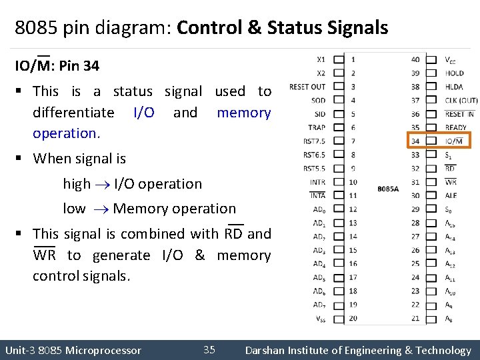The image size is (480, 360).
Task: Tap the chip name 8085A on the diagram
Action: coord(388,189)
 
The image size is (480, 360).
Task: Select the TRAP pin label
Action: coord(317,127)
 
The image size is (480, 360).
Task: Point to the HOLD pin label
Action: coord(454,73)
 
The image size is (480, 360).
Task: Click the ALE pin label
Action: coord(451,195)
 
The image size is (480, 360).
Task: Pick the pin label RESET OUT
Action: coord(307,87)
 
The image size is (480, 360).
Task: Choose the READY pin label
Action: coord(456,127)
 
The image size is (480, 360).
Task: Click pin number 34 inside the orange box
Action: coord(415,141)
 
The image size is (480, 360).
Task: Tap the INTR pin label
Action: coord(317,182)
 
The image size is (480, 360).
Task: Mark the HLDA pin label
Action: coord(454,87)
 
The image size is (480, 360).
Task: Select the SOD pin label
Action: coord(319,100)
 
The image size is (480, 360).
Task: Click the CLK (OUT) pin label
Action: coord(461,100)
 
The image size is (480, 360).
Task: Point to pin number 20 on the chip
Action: coord(353,318)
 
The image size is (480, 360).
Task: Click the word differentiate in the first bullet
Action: coord(73,113)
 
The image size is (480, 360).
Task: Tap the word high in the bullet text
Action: coord(77,184)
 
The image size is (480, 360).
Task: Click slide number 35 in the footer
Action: coord(209,350)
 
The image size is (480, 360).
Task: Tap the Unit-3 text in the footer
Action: coord(20,350)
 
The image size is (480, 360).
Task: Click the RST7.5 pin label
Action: coord(314,141)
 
